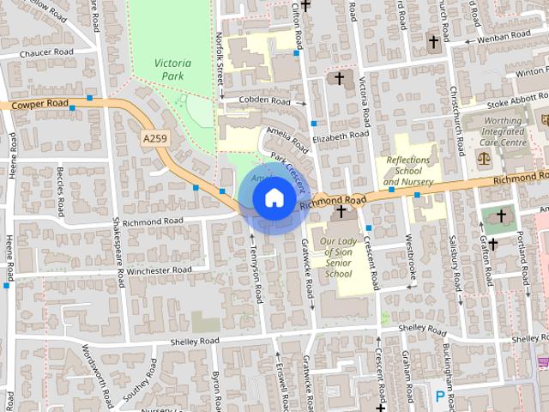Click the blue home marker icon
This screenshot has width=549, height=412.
coord(273,197)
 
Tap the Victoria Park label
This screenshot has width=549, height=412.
coord(173,70)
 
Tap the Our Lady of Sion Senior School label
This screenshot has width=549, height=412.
coord(336,257)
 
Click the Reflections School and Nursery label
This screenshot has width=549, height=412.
coord(408,171)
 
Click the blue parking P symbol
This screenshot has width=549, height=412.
coord(441,396)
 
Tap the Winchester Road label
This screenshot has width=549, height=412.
coord(160,270)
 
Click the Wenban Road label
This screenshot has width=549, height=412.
coord(504,35)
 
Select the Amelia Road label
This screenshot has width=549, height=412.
coord(287,136)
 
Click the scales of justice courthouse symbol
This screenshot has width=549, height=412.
coord(485,160)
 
